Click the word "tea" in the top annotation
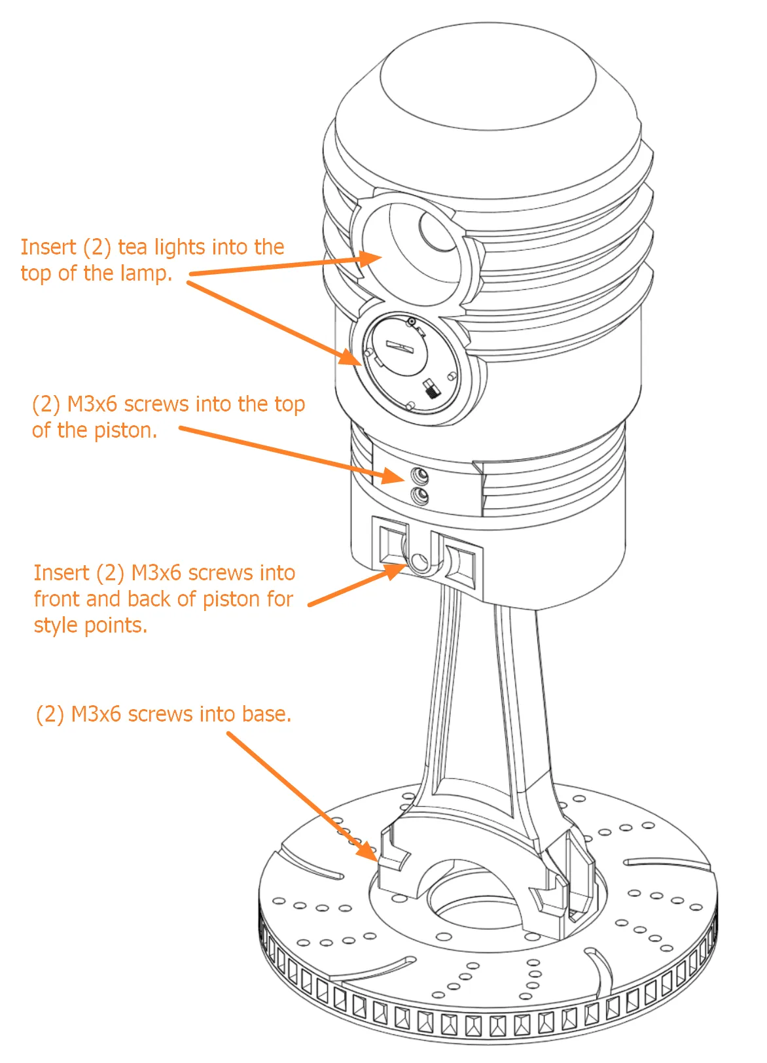[133, 247]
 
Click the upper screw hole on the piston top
[419, 474]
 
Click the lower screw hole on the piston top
[419, 496]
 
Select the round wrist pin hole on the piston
[419, 561]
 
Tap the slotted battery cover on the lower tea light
[399, 345]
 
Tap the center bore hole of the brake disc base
[471, 906]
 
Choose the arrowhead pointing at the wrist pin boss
[396, 570]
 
